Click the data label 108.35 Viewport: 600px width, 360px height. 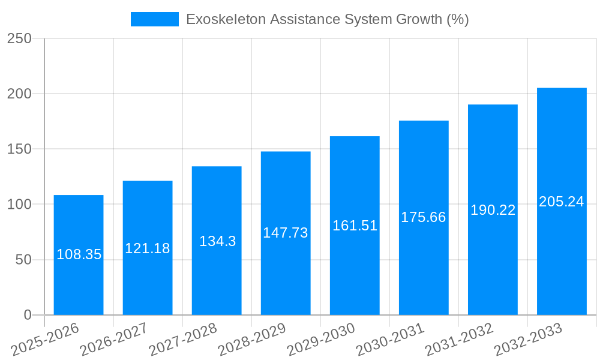(79, 254)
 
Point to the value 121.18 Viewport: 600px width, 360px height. (148, 248)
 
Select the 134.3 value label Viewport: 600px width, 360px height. (217, 241)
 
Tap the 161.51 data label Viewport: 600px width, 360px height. (355, 226)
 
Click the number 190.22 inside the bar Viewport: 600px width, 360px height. (493, 210)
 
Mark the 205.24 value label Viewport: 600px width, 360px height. (562, 202)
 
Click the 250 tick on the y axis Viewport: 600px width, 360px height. (19, 38)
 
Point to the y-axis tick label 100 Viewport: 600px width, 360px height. (19, 205)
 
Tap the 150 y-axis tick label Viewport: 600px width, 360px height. (19, 149)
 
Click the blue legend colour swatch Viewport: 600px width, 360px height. (155, 19)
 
